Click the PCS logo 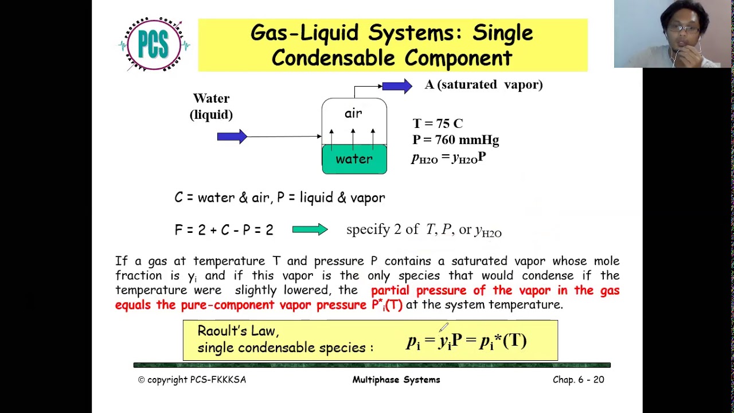(154, 45)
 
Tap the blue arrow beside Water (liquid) (232, 137)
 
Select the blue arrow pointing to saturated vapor (397, 86)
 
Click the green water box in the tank (354, 159)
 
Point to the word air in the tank (353, 113)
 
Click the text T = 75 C (438, 124)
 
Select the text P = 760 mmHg (455, 140)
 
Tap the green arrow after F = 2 (310, 229)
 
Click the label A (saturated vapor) (483, 85)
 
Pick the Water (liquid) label (211, 107)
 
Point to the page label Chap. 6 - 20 (578, 380)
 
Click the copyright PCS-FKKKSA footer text (192, 380)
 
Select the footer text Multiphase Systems (396, 380)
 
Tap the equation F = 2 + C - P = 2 (224, 230)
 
